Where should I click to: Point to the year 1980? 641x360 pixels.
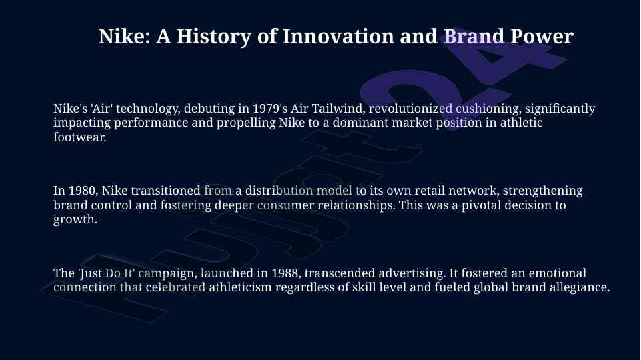tap(81, 191)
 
